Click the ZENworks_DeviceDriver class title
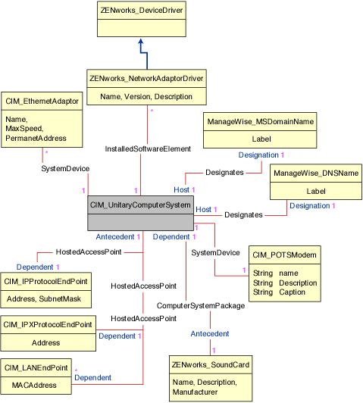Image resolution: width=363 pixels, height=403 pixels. pyautogui.click(x=142, y=11)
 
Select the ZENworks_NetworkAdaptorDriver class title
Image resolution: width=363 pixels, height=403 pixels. pyautogui.click(x=146, y=78)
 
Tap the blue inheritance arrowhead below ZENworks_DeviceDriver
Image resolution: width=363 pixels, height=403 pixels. pyautogui.click(x=142, y=43)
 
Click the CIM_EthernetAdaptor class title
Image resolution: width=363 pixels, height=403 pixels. pyautogui.click(x=42, y=101)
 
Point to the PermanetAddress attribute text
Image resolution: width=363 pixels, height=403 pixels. pyautogui.click(x=36, y=139)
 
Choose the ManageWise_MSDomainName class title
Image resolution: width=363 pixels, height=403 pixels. pyautogui.click(x=261, y=121)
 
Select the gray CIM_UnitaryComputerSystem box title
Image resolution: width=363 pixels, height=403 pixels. pyautogui.click(x=140, y=205)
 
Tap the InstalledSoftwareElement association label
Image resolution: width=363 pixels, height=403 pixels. pyautogui.click(x=147, y=148)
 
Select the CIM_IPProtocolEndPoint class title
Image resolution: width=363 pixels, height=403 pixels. pyautogui.click(x=46, y=282)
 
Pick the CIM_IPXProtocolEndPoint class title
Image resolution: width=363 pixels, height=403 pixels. pyautogui.click(x=49, y=324)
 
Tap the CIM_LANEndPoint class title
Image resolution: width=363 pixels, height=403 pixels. pyautogui.click(x=37, y=368)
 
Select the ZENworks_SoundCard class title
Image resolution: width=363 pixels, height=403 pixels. pyautogui.click(x=209, y=365)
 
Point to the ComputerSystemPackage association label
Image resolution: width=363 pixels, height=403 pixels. pyautogui.click(x=200, y=305)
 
